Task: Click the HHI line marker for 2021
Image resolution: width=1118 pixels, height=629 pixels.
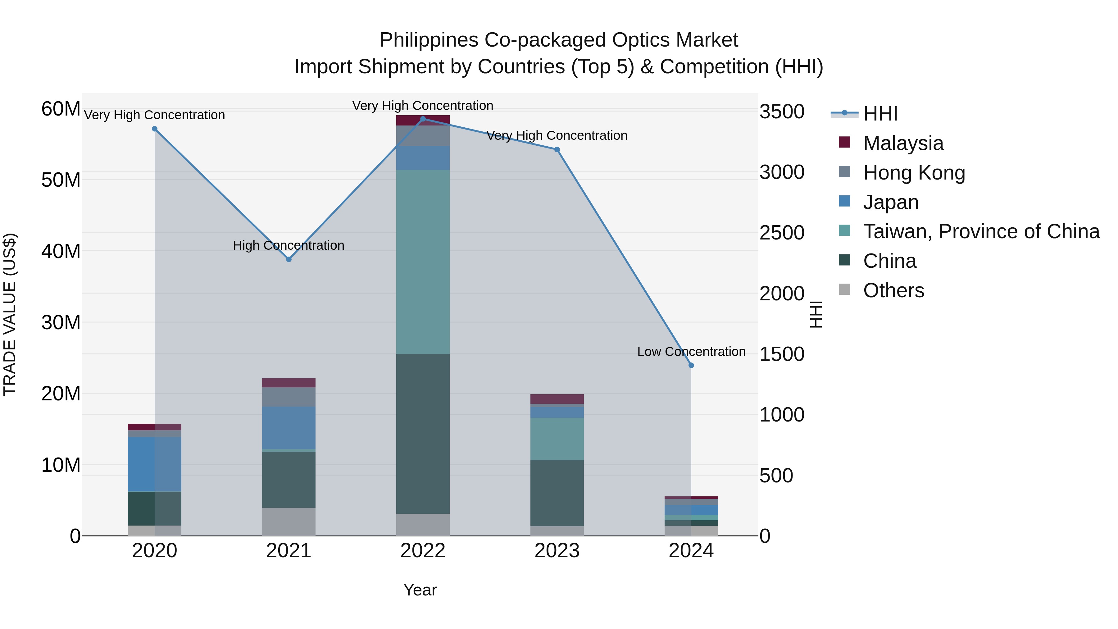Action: tap(289, 259)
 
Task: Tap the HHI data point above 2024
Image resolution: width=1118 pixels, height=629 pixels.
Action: tap(691, 365)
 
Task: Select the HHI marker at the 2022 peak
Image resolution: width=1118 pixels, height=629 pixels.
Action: tap(423, 119)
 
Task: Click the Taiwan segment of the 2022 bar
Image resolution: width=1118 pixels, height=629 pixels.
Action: tap(423, 262)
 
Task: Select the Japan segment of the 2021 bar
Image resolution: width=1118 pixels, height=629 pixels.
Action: tap(289, 428)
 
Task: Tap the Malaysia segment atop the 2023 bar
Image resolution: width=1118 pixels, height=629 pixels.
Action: tap(557, 399)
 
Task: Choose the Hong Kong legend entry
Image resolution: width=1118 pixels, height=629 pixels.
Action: tap(914, 173)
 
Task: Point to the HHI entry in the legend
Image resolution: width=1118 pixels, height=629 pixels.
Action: tap(880, 114)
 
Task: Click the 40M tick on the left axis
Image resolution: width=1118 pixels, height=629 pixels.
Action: tap(61, 251)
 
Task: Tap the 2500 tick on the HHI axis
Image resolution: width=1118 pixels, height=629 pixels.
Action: tap(782, 233)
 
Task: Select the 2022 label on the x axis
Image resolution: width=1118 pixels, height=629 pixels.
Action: tap(423, 551)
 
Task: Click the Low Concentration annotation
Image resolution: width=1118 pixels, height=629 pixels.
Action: tap(691, 352)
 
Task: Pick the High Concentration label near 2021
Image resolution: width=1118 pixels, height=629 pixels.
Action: tap(289, 245)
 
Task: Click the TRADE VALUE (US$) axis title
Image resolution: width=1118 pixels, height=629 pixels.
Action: tap(10, 314)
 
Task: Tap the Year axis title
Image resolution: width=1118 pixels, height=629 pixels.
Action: tap(420, 590)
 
